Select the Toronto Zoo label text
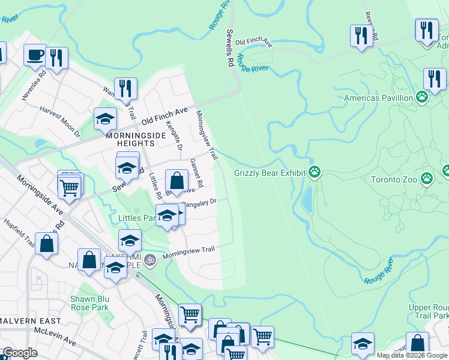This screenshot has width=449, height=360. [x=393, y=179]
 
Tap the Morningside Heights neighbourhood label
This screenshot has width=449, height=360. [x=127, y=139]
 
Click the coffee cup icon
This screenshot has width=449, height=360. [x=35, y=55]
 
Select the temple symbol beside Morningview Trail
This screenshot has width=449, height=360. [x=150, y=259]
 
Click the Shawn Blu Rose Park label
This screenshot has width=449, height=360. [x=89, y=303]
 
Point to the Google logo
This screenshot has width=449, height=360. [x=20, y=353]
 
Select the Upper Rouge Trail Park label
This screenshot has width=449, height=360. [x=429, y=311]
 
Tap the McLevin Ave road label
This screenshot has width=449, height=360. [x=55, y=336]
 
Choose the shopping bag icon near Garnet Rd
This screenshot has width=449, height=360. [x=176, y=180]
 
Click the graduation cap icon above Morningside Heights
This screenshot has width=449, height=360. [x=105, y=118]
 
